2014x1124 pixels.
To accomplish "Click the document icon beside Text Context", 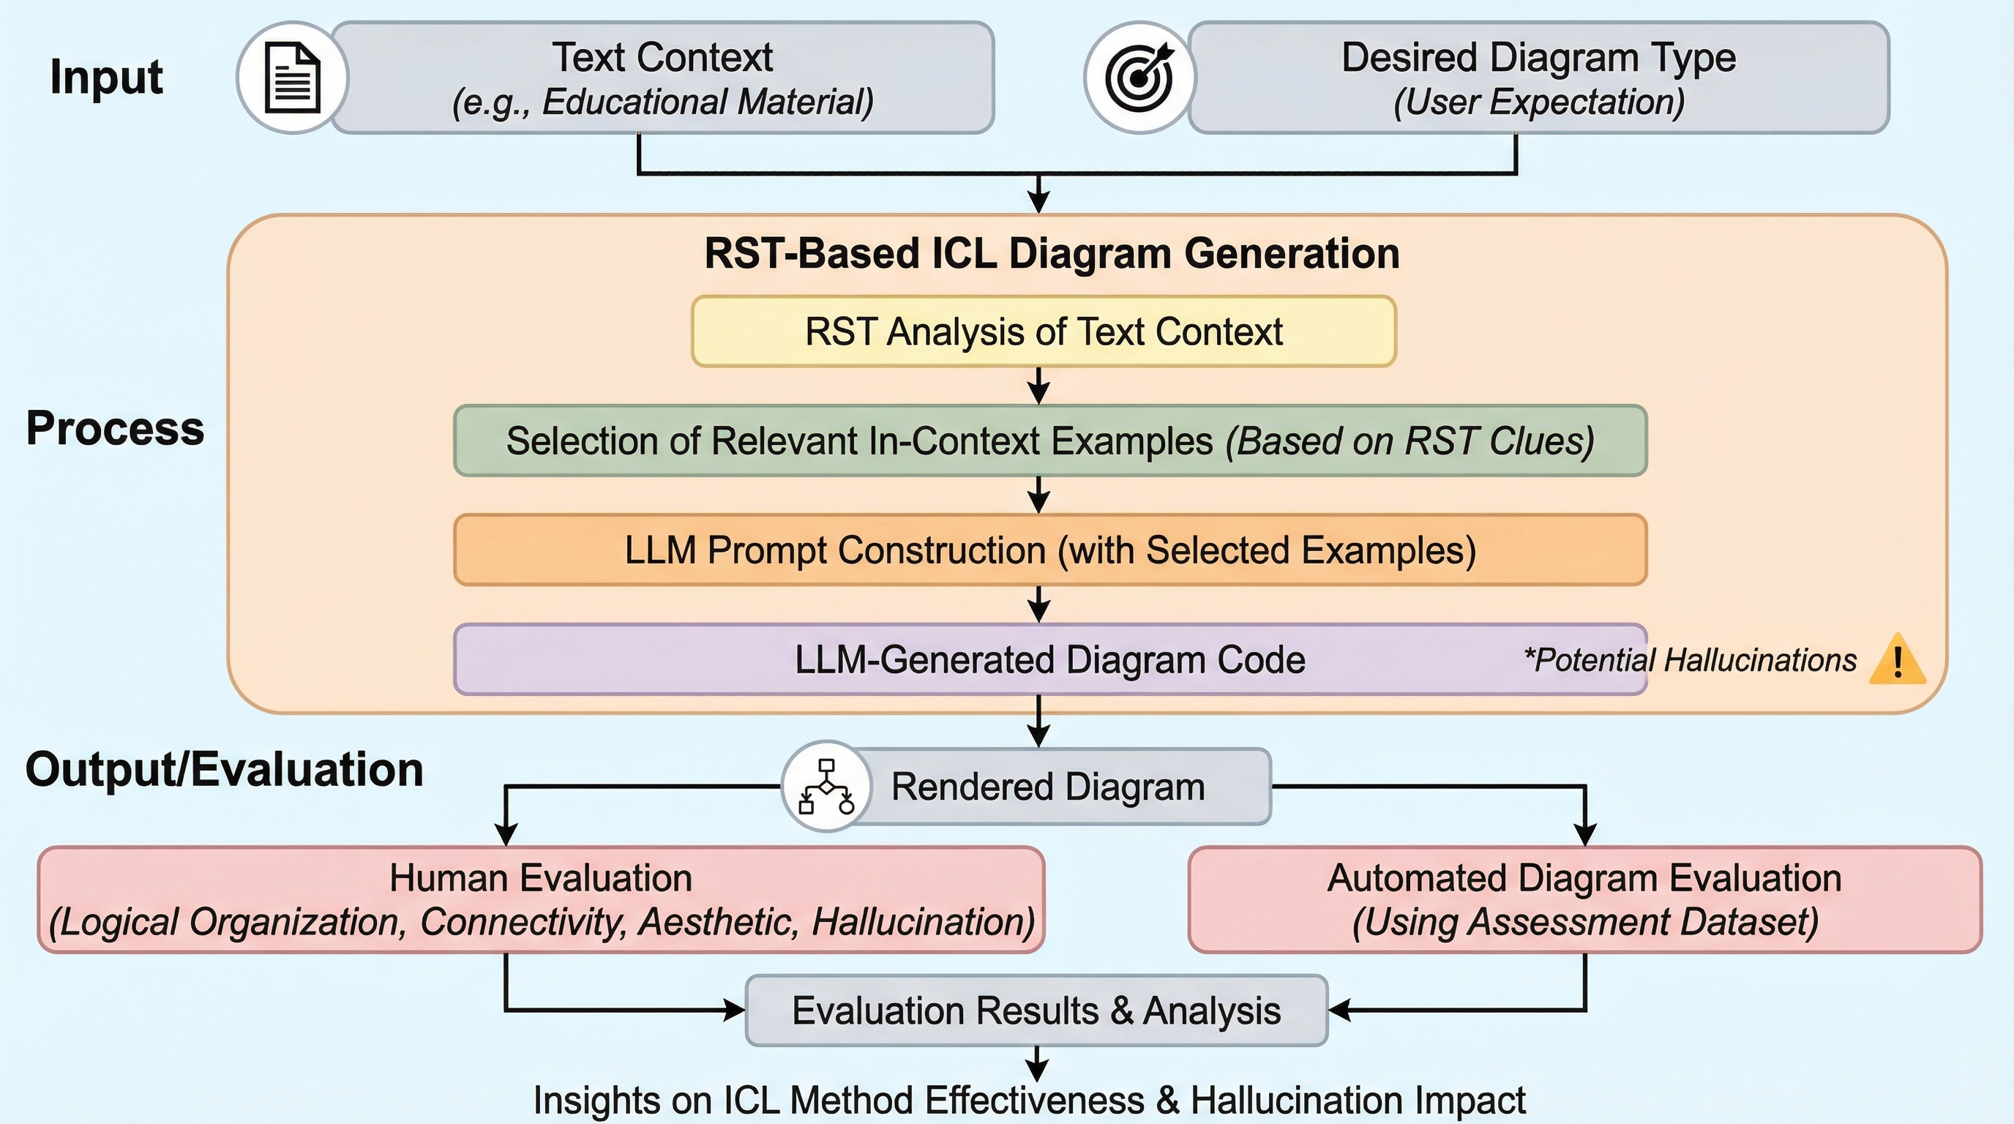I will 293,78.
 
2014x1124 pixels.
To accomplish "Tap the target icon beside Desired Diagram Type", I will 1139,78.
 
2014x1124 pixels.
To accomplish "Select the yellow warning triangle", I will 1897,661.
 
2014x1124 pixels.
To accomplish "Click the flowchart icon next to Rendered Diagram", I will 826,787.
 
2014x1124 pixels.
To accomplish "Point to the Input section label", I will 106,78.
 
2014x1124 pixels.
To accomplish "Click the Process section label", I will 115,428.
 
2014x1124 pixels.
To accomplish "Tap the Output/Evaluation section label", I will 225,769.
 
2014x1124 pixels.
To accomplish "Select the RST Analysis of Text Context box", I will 1044,331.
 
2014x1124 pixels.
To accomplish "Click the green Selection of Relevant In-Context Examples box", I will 1050,441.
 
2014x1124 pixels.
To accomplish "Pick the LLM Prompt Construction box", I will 1050,550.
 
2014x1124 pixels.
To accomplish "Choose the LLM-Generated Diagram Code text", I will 1050,660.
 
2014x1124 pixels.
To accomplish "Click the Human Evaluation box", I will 541,899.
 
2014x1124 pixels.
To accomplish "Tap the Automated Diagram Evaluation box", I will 1584,899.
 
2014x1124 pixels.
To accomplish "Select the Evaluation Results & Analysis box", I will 1037,1011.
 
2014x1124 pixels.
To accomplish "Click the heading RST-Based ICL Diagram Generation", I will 1052,253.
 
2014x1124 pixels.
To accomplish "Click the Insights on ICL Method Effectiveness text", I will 1029,1101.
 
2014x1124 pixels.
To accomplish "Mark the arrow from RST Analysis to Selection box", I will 1038,386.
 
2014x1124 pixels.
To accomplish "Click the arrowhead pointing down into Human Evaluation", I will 506,835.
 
